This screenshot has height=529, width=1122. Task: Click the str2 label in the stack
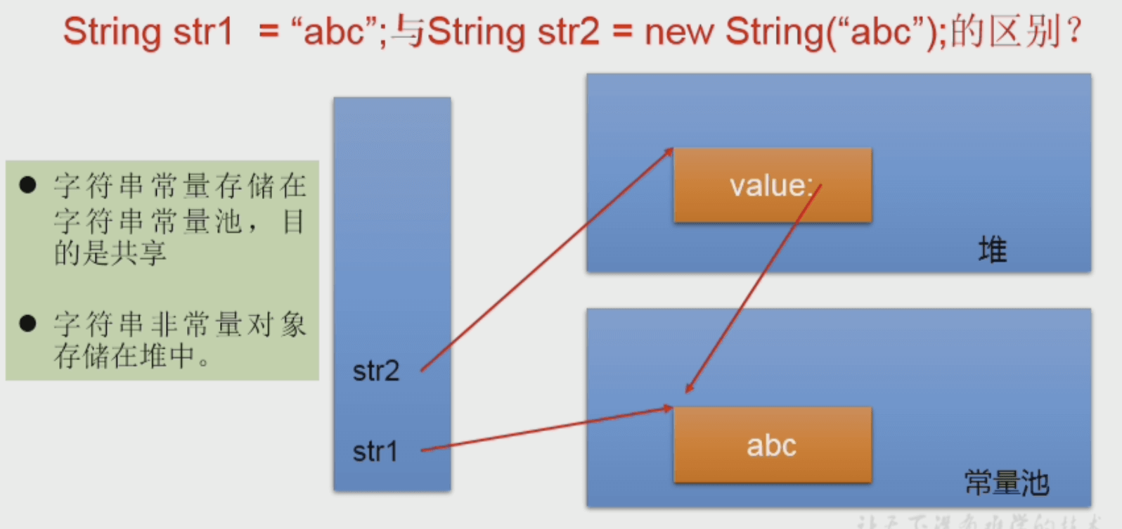tap(376, 371)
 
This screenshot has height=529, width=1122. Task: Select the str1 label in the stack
tap(375, 452)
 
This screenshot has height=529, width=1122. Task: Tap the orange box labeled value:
tap(772, 186)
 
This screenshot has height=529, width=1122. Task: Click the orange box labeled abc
tap(772, 445)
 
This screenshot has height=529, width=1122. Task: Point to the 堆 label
tap(993, 250)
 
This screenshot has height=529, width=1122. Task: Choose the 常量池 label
tap(1007, 483)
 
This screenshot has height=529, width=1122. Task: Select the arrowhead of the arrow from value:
tap(689, 388)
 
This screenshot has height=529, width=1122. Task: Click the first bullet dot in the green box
tap(28, 185)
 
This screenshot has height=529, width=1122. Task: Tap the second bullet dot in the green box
tap(28, 323)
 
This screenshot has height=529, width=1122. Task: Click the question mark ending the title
tap(1073, 32)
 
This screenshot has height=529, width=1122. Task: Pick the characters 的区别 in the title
tap(1005, 32)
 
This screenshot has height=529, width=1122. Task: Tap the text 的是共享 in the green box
tap(110, 253)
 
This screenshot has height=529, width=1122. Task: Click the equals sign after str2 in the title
tap(621, 32)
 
